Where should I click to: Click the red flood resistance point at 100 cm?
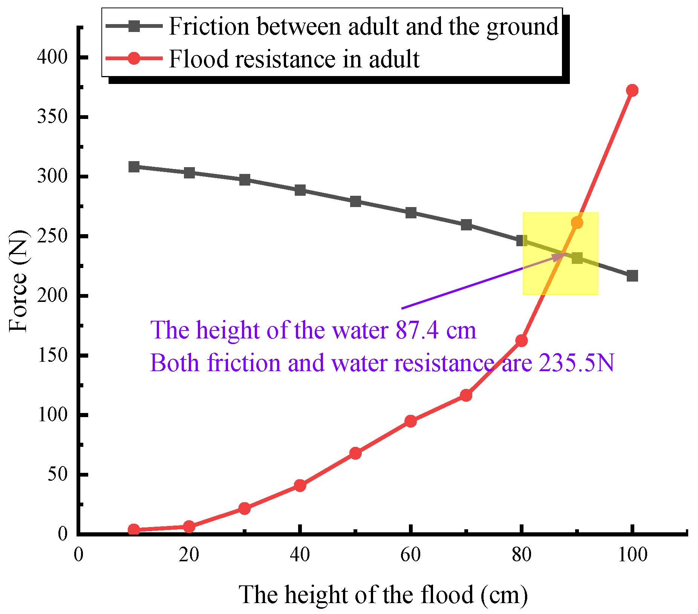[x=632, y=90]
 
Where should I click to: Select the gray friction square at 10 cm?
[x=134, y=167]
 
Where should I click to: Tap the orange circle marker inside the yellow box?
[x=577, y=223]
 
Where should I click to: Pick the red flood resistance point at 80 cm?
[x=521, y=341]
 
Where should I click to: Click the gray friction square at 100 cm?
[x=632, y=276]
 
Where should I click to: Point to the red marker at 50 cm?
[x=355, y=453]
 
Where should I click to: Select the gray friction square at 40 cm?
[x=300, y=190]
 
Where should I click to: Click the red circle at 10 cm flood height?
[x=134, y=530]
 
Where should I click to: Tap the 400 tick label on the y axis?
[x=52, y=57]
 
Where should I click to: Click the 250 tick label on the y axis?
[x=52, y=236]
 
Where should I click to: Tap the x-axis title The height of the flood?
[x=383, y=595]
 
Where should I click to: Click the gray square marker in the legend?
[x=134, y=26]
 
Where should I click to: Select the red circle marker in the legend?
[x=134, y=59]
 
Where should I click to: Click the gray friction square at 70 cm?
[x=466, y=225]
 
